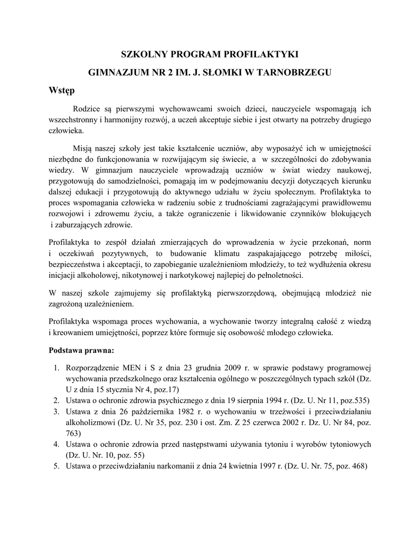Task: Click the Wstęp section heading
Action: tap(62, 90)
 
